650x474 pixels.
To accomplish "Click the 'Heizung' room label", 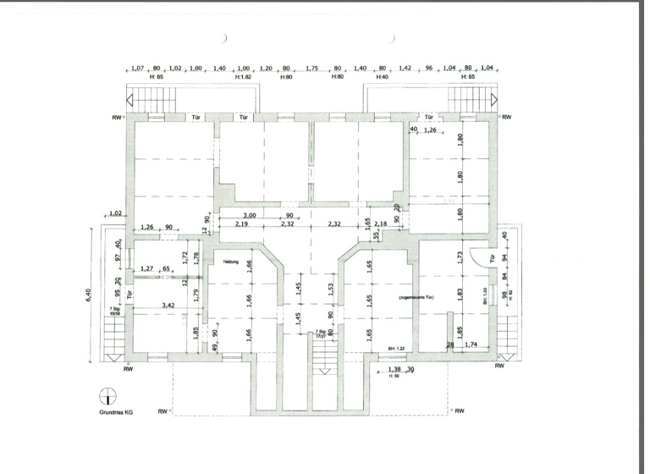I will point(232,262).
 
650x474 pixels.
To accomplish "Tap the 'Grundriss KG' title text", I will point(115,412).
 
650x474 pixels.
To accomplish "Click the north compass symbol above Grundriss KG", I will point(107,395).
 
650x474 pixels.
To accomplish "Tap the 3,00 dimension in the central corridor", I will point(250,216).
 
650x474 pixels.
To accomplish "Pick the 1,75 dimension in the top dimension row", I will point(311,68).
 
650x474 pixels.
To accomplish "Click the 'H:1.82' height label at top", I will point(244,77).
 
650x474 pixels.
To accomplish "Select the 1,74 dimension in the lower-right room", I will point(471,344).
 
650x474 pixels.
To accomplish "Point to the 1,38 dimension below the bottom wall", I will point(393,370).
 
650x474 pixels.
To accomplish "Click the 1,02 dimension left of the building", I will point(116,213).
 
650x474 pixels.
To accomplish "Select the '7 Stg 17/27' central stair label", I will point(321,335).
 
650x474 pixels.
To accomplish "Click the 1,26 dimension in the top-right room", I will point(431,130).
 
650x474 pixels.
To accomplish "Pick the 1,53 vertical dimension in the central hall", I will point(331,290).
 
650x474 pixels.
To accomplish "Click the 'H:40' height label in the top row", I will point(382,77).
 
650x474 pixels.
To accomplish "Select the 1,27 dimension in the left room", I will point(147,268).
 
